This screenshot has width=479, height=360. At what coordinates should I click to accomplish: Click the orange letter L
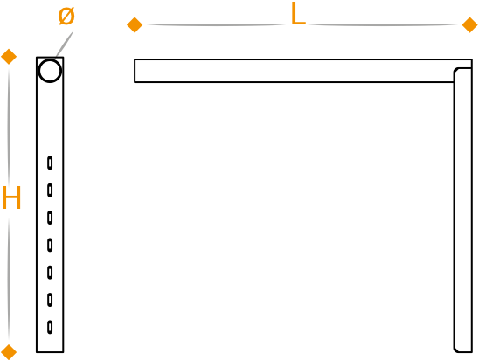click(298, 14)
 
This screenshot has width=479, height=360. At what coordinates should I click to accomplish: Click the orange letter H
click(11, 197)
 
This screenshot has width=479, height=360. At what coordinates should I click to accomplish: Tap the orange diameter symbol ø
click(66, 17)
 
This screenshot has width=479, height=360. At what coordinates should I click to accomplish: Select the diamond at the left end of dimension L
click(135, 25)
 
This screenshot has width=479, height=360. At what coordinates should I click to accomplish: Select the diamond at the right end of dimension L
click(470, 25)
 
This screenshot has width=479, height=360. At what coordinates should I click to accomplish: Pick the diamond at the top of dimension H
click(9, 57)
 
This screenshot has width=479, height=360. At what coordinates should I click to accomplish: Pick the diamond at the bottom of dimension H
click(9, 352)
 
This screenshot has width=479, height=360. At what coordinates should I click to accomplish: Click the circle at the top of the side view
click(50, 71)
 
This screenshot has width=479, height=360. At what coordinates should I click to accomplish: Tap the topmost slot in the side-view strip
click(50, 163)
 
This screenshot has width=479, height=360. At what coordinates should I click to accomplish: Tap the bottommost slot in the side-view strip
click(50, 327)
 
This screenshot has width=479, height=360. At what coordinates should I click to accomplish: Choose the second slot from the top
click(50, 190)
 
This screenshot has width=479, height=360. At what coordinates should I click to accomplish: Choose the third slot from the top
click(50, 218)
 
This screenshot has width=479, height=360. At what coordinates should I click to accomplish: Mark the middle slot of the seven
click(50, 245)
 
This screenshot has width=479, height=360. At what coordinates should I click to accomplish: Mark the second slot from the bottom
click(50, 300)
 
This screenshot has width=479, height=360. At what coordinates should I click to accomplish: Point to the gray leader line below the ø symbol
click(65, 44)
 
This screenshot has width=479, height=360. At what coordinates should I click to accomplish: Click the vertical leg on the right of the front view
click(463, 210)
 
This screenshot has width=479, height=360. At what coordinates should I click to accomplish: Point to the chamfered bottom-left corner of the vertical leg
click(455, 350)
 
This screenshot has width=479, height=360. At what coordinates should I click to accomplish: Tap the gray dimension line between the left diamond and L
click(215, 25)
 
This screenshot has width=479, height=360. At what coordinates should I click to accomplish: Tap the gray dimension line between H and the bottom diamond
click(9, 280)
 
